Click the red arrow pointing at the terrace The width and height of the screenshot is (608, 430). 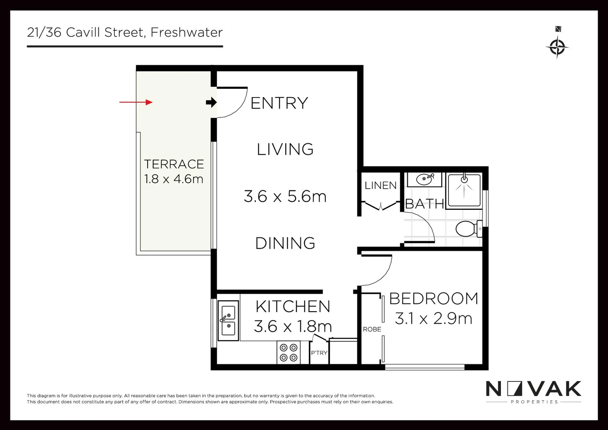tap(136, 102)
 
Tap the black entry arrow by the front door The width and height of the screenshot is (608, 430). tap(211, 103)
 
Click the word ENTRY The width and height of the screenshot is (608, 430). tap(279, 103)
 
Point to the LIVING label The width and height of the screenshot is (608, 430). tap(285, 149)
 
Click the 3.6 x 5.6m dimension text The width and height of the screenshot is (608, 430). tap(285, 196)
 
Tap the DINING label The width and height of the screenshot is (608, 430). tap(285, 243)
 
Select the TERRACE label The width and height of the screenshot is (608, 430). tap(174, 164)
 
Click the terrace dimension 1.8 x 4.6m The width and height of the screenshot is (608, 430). tap(174, 179)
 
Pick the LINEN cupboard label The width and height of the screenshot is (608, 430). tap(380, 186)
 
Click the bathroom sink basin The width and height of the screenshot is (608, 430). tap(425, 179)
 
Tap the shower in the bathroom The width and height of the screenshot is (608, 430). tap(464, 190)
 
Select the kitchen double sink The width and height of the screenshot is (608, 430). tap(228, 321)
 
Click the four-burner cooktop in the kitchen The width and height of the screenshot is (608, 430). tap(288, 352)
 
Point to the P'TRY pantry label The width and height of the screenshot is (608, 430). tap(319, 353)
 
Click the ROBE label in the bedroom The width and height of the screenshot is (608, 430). tap(372, 329)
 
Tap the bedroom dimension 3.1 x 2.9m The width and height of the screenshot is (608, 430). tap(433, 319)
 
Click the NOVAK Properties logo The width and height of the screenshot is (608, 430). tap(534, 392)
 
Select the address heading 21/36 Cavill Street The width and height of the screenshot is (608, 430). tap(125, 32)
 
